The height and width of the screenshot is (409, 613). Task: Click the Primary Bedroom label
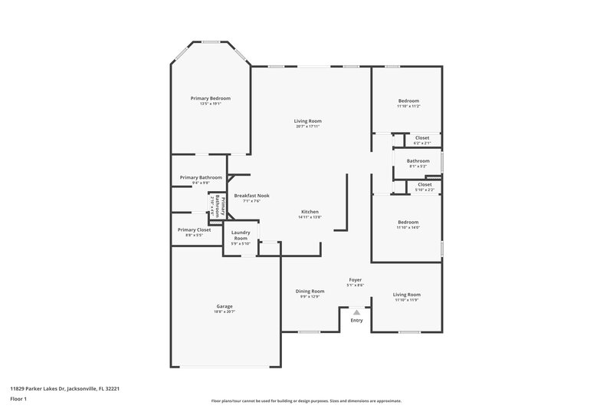pos(210,98)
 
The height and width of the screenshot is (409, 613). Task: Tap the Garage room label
pos(225,306)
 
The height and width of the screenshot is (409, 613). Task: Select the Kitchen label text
pos(310,212)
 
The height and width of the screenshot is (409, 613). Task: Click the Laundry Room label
pos(241,236)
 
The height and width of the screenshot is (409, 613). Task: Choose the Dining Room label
pos(310,291)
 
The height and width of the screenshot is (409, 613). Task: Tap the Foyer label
pos(356,279)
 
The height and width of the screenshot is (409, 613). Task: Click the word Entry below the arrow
pos(356,320)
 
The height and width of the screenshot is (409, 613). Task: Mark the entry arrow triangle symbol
pos(356,312)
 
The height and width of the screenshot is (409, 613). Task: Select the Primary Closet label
pos(194,229)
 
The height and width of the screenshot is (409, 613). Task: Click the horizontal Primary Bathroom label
pos(201,177)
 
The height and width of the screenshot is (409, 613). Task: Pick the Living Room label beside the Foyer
pos(407,295)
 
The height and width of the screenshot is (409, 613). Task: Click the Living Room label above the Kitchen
pos(307,120)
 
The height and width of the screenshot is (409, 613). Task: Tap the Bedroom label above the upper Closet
pos(408,101)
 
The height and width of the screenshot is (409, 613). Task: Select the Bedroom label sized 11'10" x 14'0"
pos(408,223)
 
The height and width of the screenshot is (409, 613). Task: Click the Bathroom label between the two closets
pos(418,160)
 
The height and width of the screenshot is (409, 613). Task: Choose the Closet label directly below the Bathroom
pos(424,184)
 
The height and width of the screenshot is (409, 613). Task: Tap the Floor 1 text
pos(19,400)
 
